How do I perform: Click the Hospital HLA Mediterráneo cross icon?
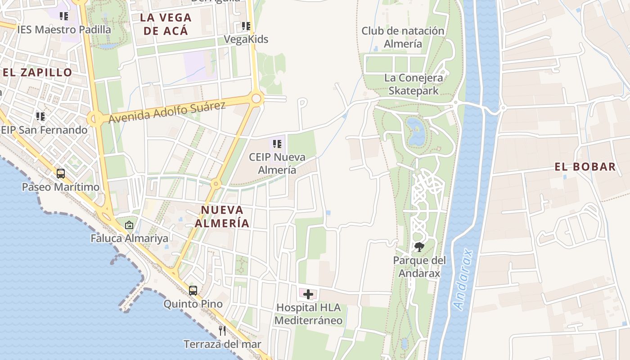point(308,295)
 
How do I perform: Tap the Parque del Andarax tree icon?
point(419,247)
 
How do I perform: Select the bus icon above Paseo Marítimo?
point(61,173)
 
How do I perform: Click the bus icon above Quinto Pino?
point(193,291)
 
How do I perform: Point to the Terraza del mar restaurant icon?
point(222,331)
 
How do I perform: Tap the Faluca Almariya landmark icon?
point(129,225)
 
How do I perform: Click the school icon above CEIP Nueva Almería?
point(277,144)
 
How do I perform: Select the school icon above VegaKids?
point(246,26)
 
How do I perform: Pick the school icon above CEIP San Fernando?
point(40,117)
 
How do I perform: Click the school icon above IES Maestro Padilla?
point(64,16)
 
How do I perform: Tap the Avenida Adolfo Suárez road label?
point(167,112)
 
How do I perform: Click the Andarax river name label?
point(464,279)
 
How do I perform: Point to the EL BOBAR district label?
point(585,167)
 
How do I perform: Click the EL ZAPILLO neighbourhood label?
point(37,72)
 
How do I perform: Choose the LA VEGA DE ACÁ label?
point(166,24)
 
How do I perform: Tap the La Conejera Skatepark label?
point(414,84)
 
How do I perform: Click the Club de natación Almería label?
point(403,37)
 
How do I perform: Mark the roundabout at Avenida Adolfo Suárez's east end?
point(256,98)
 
